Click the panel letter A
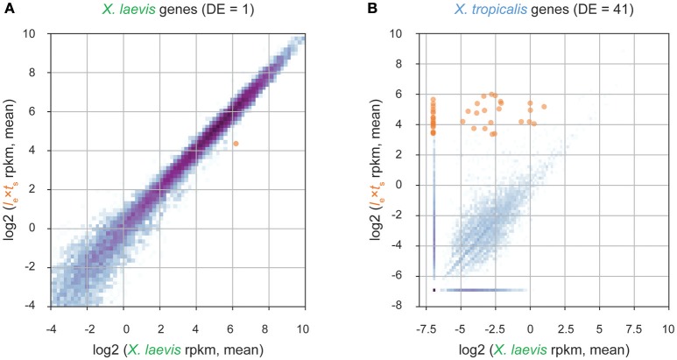pyautogui.click(x=8, y=11)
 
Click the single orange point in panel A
pyautogui.click(x=236, y=143)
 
